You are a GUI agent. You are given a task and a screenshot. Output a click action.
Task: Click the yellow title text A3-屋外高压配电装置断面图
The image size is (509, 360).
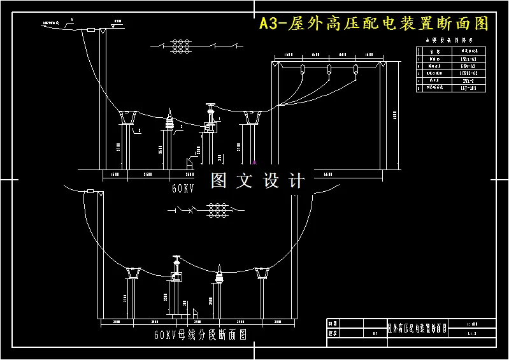374,24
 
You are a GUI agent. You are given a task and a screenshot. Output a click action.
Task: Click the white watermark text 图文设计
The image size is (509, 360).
258,181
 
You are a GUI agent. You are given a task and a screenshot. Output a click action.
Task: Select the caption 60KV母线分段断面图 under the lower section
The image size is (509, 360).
200,334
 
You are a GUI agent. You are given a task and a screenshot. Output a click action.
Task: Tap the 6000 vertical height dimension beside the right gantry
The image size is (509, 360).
394,115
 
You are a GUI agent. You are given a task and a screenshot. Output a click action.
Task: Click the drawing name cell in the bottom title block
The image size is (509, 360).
417,329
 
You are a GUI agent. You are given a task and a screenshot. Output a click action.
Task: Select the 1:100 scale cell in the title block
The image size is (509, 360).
472,324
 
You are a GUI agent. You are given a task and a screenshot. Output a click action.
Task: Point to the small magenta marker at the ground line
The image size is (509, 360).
254,162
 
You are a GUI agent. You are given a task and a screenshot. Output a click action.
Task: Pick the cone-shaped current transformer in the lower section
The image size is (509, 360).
219,276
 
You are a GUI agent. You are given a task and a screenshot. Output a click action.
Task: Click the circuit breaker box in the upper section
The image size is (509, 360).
209,127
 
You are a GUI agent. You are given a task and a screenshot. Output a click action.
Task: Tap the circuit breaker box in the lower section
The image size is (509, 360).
175,278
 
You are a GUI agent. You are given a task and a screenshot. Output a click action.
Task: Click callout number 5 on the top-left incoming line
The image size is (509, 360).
72,20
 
